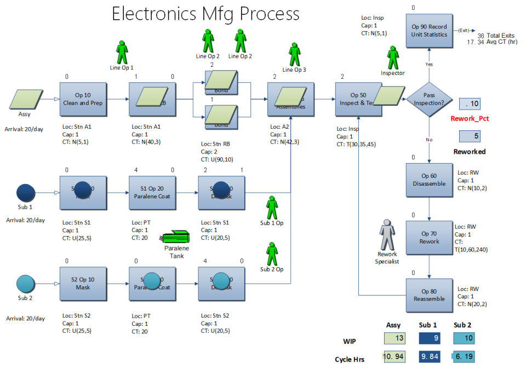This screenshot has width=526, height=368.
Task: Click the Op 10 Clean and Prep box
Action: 82,99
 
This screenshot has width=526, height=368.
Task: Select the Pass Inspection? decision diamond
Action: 428,99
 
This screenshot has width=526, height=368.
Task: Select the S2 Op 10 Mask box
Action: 82,284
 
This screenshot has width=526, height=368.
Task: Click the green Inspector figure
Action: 393,57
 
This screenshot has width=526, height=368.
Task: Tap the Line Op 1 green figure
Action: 122,52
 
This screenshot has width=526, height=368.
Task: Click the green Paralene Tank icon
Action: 176,237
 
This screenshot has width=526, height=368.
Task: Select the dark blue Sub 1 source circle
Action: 26,193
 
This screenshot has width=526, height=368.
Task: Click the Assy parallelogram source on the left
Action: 25,100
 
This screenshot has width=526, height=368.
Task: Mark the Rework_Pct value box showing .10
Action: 470,104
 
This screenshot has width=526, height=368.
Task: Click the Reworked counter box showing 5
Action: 470,136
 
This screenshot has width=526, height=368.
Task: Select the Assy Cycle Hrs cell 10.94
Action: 393,357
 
